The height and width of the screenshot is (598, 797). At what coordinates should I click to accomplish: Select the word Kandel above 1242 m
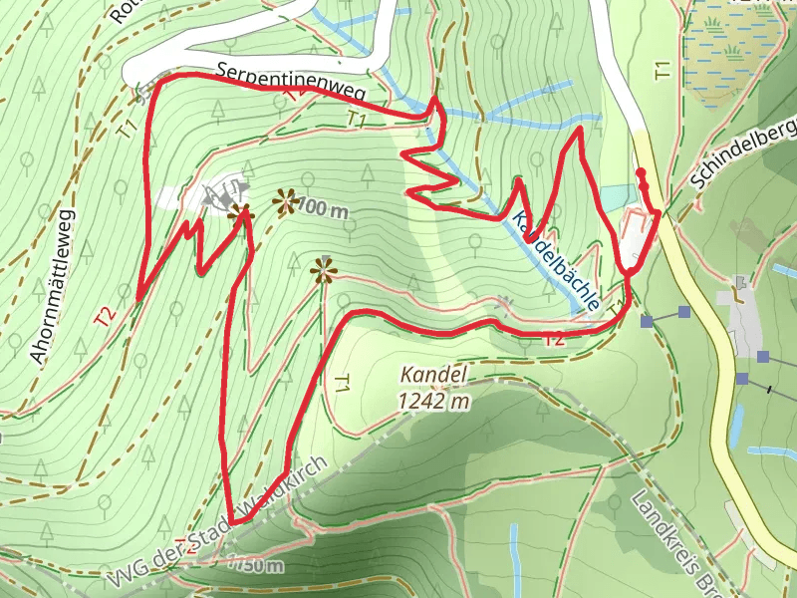tap(433, 376)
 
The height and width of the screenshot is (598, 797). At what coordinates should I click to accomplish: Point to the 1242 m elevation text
tap(433, 401)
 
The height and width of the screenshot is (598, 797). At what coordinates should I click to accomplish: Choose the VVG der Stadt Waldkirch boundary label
tap(219, 523)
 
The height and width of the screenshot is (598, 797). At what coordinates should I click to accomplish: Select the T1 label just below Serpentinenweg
tap(357, 120)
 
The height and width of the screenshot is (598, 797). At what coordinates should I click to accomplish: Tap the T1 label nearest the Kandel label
tap(342, 384)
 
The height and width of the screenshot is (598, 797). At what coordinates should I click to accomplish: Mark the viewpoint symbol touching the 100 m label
tap(286, 203)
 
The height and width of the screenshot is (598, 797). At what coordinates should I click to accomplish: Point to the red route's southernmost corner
tap(231, 520)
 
